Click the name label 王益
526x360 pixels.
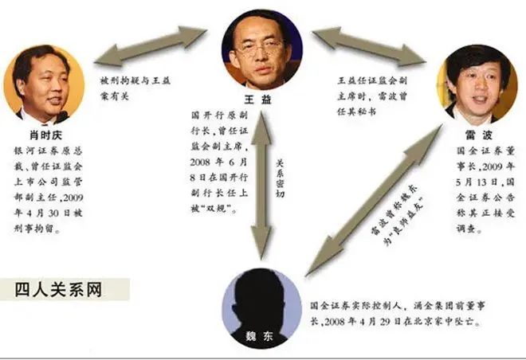coord(257,100)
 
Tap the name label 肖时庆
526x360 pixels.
coord(46,135)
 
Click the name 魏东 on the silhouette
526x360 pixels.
coord(259,336)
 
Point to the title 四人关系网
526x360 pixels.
coord(58,290)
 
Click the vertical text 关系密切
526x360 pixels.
coord(280,178)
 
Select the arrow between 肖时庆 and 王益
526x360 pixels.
coord(150,46)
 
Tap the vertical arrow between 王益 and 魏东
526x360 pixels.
coord(261,186)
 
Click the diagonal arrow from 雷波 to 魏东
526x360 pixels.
coord(374,200)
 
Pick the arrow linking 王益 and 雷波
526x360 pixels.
coord(369,46)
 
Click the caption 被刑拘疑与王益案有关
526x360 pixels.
coord(135,88)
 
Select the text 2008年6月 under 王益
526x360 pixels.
coord(218,162)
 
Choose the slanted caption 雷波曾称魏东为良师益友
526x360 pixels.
coord(397,214)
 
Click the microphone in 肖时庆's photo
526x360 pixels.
coord(63,116)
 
